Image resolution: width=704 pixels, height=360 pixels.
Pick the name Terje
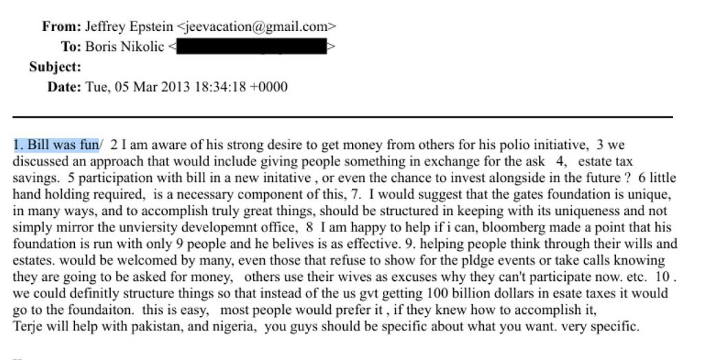point(28,327)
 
